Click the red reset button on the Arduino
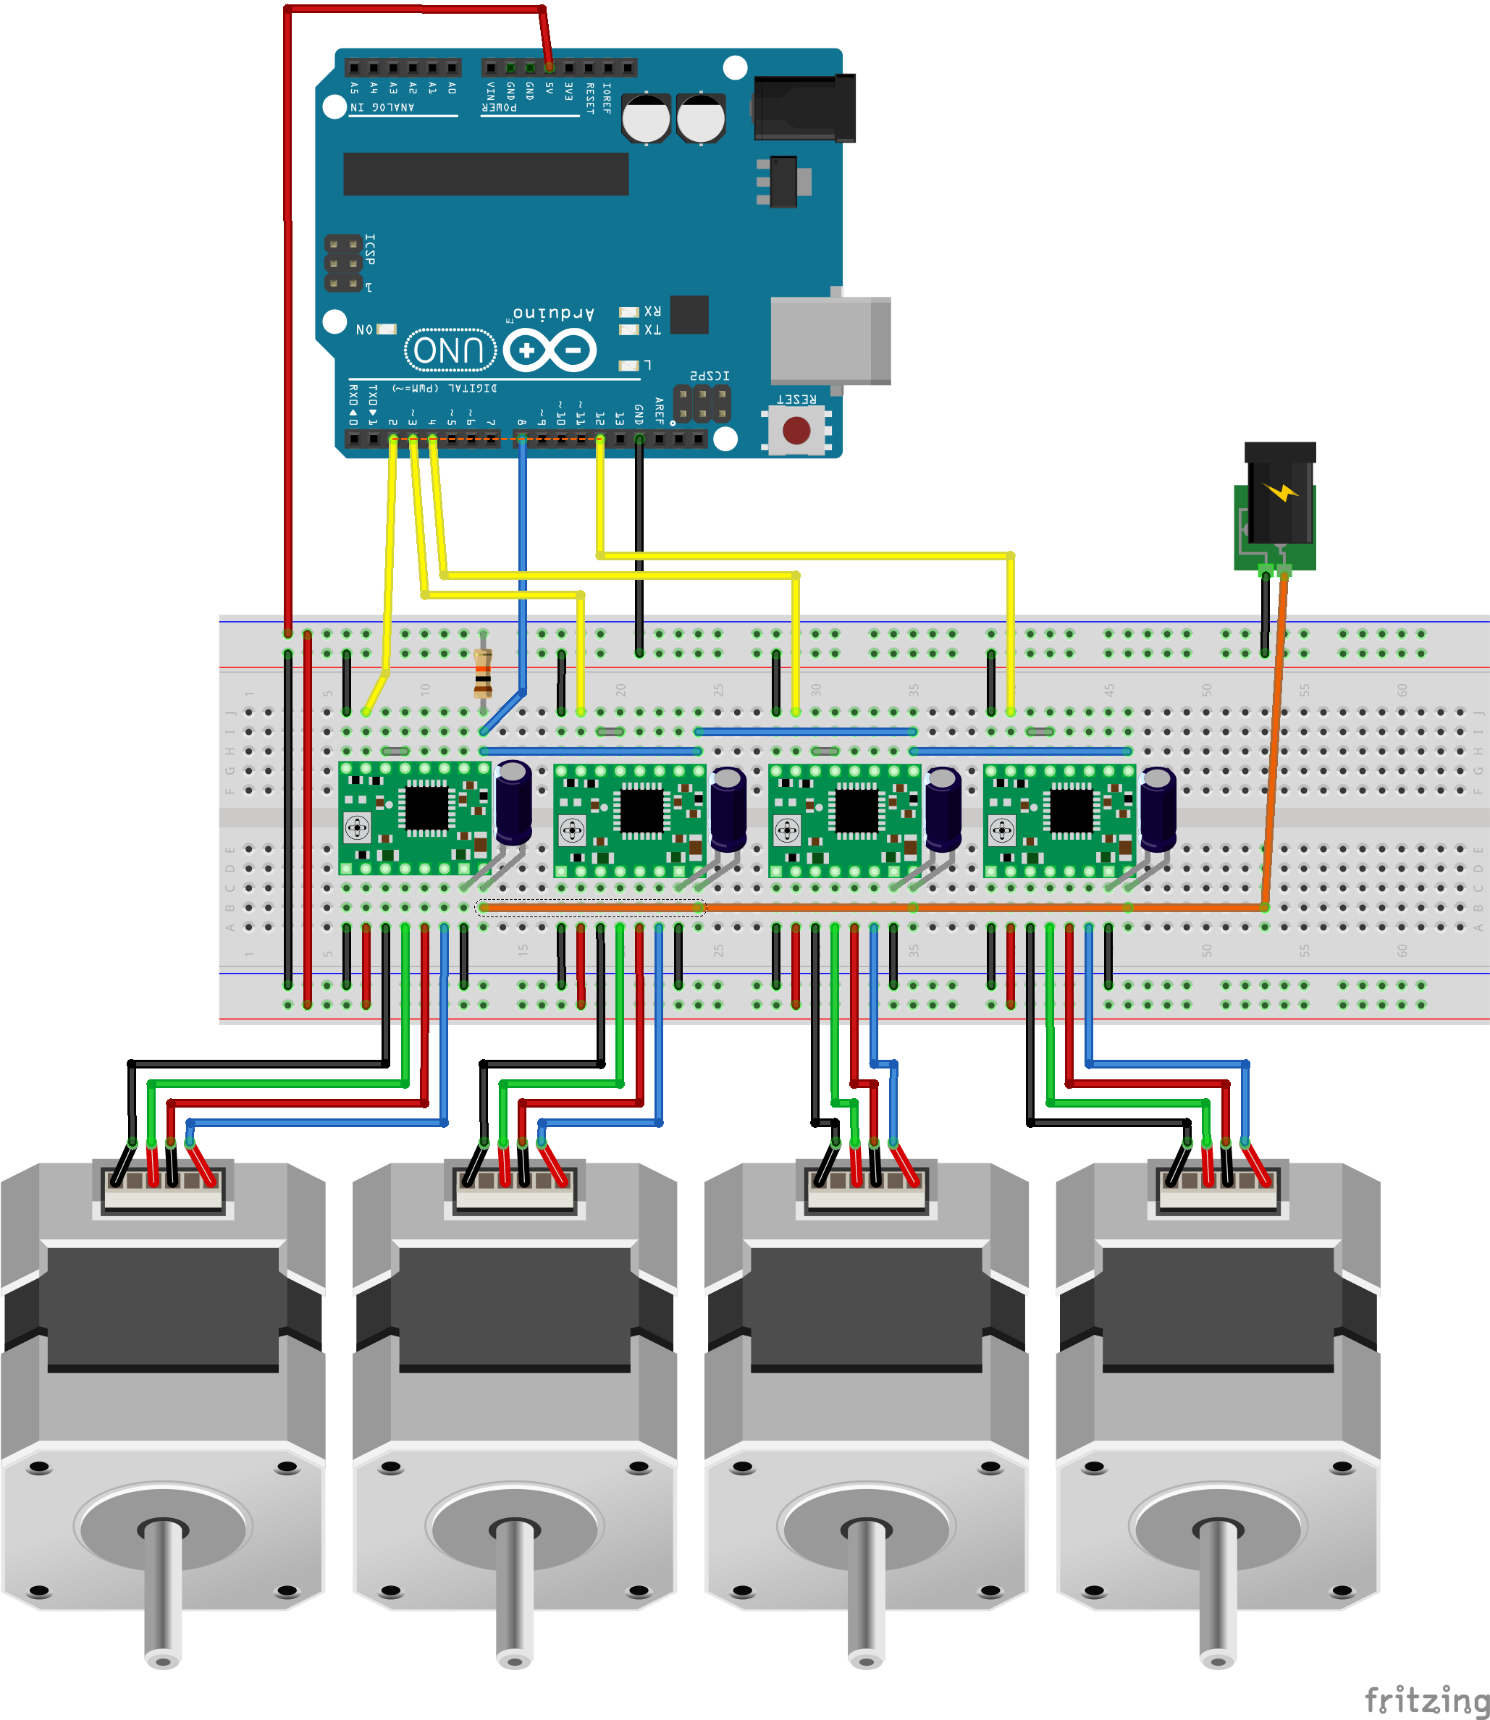(796, 430)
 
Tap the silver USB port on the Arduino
(829, 340)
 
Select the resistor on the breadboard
(482, 672)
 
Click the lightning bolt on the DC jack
(1282, 492)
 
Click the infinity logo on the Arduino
(550, 350)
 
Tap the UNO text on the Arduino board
(450, 350)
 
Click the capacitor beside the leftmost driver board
(514, 801)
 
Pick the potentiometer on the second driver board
(572, 829)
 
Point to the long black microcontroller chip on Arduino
(486, 174)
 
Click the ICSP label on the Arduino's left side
(370, 250)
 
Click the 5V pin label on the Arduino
(550, 88)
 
